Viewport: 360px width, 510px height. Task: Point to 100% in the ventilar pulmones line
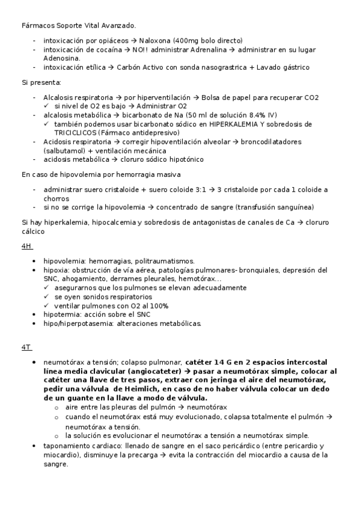coord(157,306)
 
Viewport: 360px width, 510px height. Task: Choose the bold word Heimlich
coord(138,389)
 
